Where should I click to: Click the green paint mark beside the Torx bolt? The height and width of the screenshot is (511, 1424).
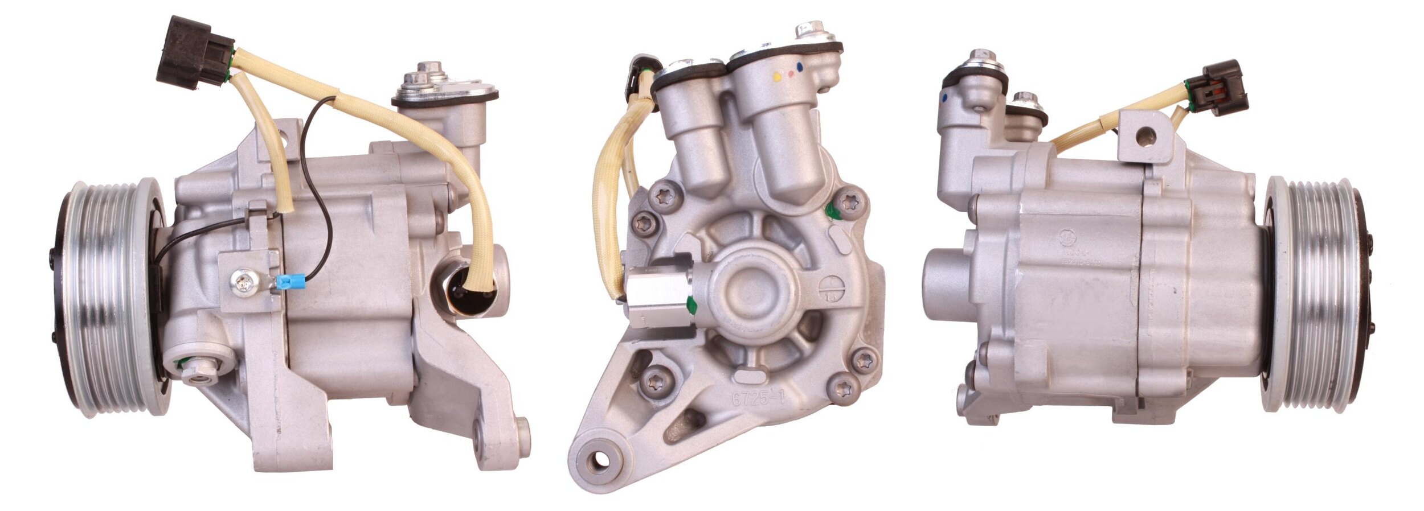833,211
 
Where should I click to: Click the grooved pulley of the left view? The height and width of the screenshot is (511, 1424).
108,296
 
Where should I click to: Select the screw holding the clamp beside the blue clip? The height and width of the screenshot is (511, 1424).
243,282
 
